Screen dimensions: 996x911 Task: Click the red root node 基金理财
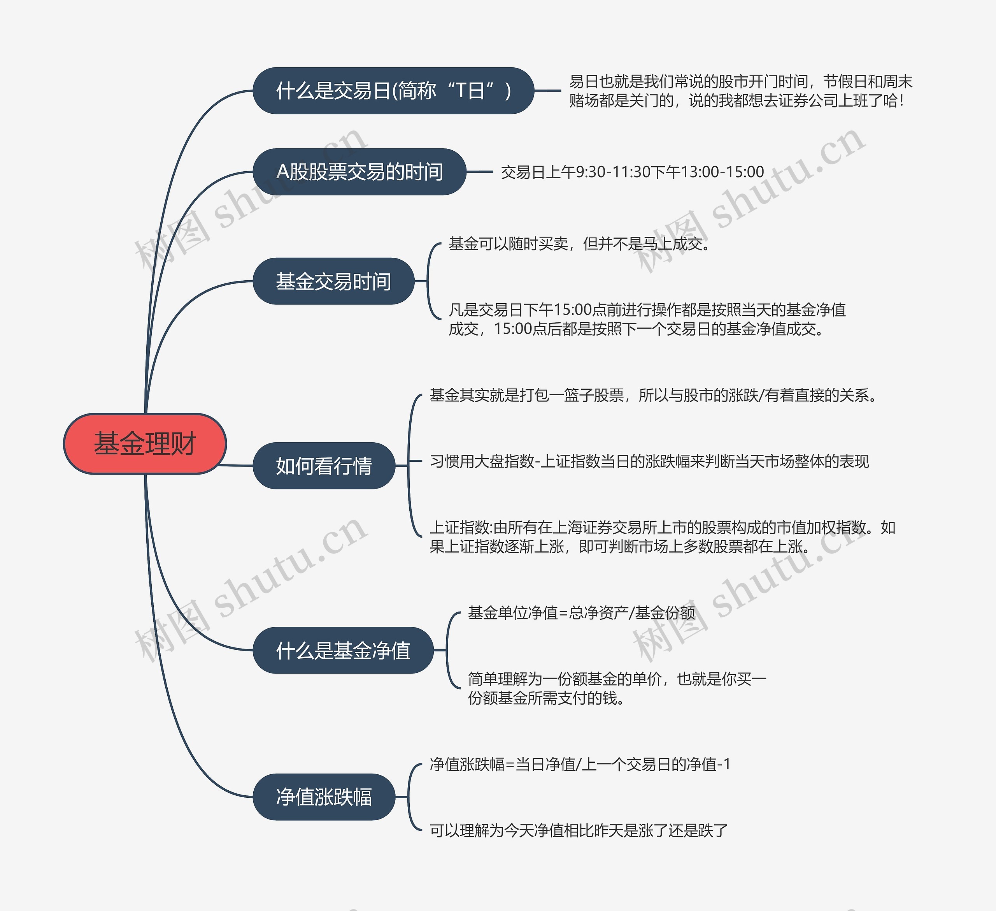pyautogui.click(x=145, y=443)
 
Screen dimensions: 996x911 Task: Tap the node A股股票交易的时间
pyautogui.click(x=359, y=172)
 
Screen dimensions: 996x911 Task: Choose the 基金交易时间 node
pyautogui.click(x=333, y=281)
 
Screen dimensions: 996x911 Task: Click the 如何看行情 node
pyautogui.click(x=324, y=466)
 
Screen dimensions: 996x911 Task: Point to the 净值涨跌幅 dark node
pyautogui.click(x=324, y=797)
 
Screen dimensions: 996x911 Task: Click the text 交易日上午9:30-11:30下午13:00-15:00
pyautogui.click(x=632, y=172)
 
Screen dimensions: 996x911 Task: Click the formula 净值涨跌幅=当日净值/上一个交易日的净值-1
pyautogui.click(x=580, y=764)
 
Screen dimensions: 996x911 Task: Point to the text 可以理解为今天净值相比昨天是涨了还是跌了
pyautogui.click(x=579, y=830)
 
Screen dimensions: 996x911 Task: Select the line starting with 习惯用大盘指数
pyautogui.click(x=649, y=461)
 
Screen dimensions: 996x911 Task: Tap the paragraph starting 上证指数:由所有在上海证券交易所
pyautogui.click(x=662, y=537)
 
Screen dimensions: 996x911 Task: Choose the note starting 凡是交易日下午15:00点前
pyautogui.click(x=647, y=319)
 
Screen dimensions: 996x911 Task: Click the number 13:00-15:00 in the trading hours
pyautogui.click(x=722, y=172)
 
